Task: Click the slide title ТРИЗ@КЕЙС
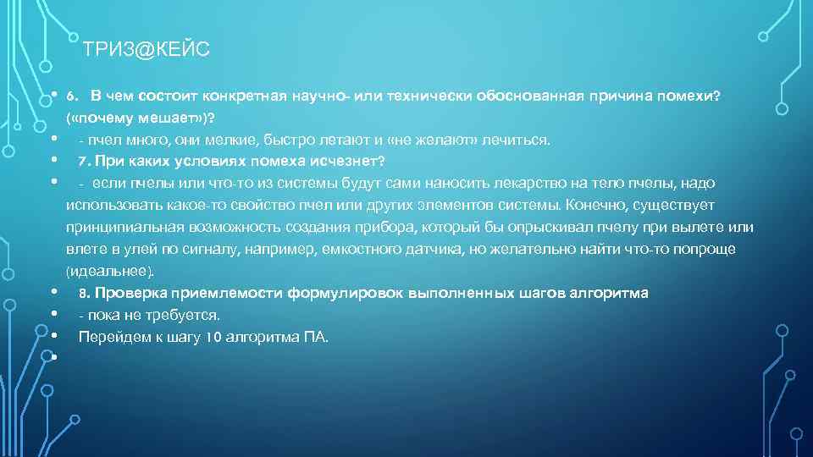tap(147, 51)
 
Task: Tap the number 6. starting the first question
tap(73, 95)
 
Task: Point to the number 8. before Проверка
tap(84, 293)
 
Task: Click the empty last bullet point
tap(53, 357)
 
